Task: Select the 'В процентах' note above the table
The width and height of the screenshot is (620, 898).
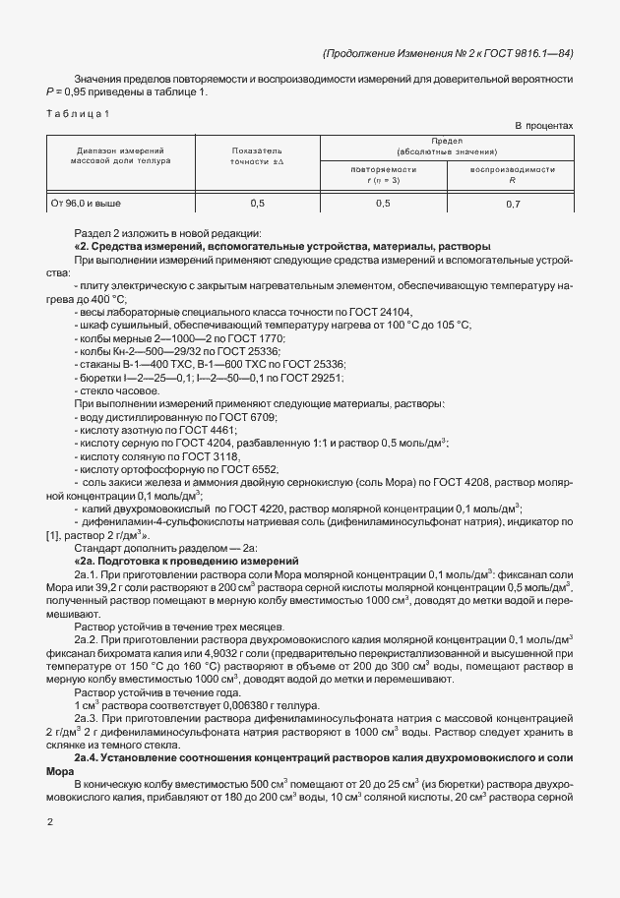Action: point(544,126)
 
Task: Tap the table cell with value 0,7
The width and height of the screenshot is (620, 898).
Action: point(512,204)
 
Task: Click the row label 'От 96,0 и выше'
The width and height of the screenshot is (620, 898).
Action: point(86,204)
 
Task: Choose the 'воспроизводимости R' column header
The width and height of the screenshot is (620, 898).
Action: point(512,173)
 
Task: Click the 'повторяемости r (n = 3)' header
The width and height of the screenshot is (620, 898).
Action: point(383,173)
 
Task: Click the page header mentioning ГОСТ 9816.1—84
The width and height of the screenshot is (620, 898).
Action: point(447,54)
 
